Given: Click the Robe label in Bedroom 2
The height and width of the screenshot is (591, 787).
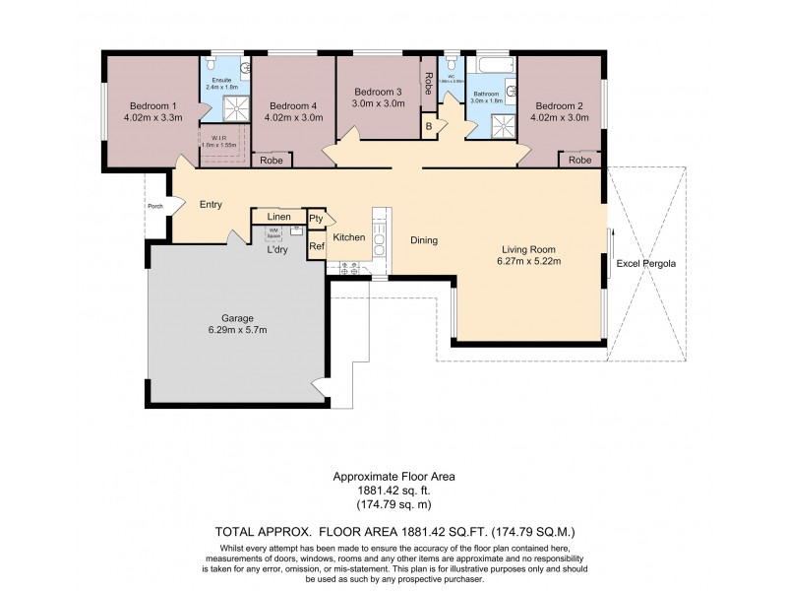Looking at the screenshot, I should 579,160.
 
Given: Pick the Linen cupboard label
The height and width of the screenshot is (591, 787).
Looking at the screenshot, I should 279,216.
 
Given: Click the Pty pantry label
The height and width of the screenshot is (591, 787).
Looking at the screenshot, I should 316,219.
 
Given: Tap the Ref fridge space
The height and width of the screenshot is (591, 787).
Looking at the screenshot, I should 316,246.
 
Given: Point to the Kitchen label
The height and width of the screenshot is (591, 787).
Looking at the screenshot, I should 349,237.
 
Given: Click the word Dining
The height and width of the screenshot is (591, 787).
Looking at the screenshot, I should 424,240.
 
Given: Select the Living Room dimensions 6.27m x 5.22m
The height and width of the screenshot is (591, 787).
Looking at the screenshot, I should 530,262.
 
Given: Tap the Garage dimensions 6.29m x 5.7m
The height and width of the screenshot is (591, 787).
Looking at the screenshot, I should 237,330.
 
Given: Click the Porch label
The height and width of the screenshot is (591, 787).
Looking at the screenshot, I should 154,206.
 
